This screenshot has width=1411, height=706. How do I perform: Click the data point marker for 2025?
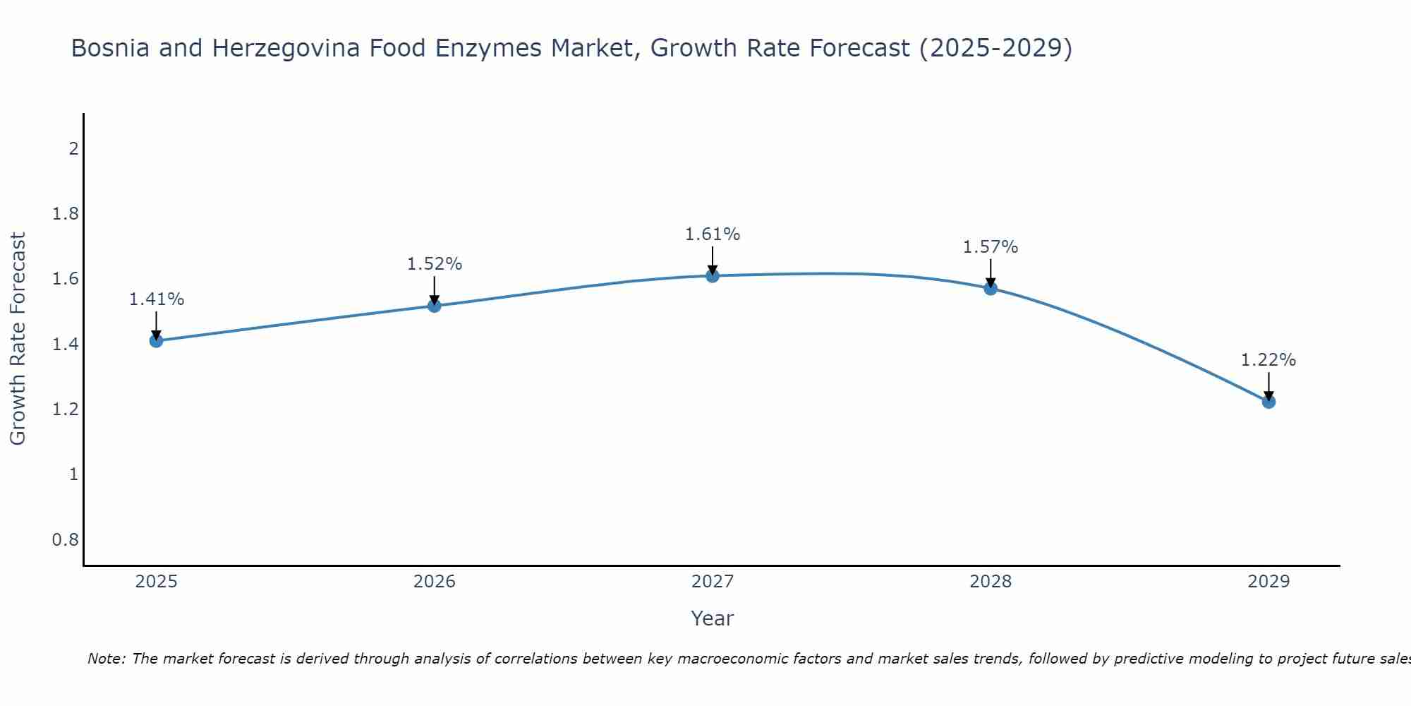pos(156,341)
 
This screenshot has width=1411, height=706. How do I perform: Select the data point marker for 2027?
pos(713,276)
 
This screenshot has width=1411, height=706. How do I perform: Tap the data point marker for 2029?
pos(1268,402)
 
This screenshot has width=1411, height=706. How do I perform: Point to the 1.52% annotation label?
pos(435,264)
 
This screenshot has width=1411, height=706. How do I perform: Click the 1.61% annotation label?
pos(713,234)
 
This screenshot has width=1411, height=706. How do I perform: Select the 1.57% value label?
pos(991,247)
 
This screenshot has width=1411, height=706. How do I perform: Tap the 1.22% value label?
pos(1268,360)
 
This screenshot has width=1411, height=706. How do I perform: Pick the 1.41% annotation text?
pos(156,299)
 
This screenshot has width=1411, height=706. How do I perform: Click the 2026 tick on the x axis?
pos(435,582)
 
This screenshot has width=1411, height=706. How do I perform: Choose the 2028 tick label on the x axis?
pos(991,582)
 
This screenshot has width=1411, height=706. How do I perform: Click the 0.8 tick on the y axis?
pos(66,540)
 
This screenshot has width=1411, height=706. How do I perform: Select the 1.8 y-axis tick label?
pos(66,214)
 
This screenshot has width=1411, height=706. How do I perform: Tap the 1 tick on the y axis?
pos(73,474)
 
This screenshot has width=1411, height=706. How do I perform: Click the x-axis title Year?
pos(713,618)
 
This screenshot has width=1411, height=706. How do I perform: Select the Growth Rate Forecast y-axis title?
pos(18,339)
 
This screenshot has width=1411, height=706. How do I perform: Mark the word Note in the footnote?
pos(106,659)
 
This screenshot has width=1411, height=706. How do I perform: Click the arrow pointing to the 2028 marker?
pos(991,274)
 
